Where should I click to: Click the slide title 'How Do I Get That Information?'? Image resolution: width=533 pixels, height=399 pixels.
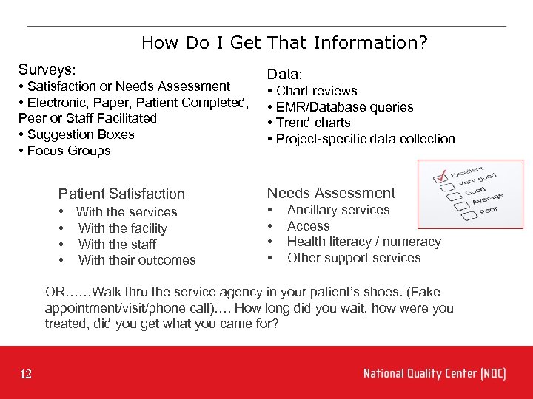[x=284, y=43]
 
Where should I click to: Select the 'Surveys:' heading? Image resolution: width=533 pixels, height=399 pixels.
[x=47, y=69]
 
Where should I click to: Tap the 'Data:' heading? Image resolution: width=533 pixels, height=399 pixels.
[x=284, y=74]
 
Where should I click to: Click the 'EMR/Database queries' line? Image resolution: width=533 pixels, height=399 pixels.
[x=344, y=107]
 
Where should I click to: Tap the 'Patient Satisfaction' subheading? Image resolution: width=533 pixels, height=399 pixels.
[x=121, y=194]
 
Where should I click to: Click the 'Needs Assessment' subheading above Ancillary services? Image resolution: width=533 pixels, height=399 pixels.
[x=331, y=193]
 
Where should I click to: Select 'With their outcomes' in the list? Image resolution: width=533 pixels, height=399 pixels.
[x=137, y=260]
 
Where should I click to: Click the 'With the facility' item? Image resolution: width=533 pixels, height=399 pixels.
[x=122, y=228]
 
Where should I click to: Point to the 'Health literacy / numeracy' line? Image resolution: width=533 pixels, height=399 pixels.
[x=363, y=242]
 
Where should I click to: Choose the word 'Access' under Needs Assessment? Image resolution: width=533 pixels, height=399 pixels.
[x=308, y=226]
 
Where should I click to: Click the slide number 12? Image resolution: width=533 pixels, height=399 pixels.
[x=26, y=375]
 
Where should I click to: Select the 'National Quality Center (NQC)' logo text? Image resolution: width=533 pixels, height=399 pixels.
[x=435, y=374]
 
